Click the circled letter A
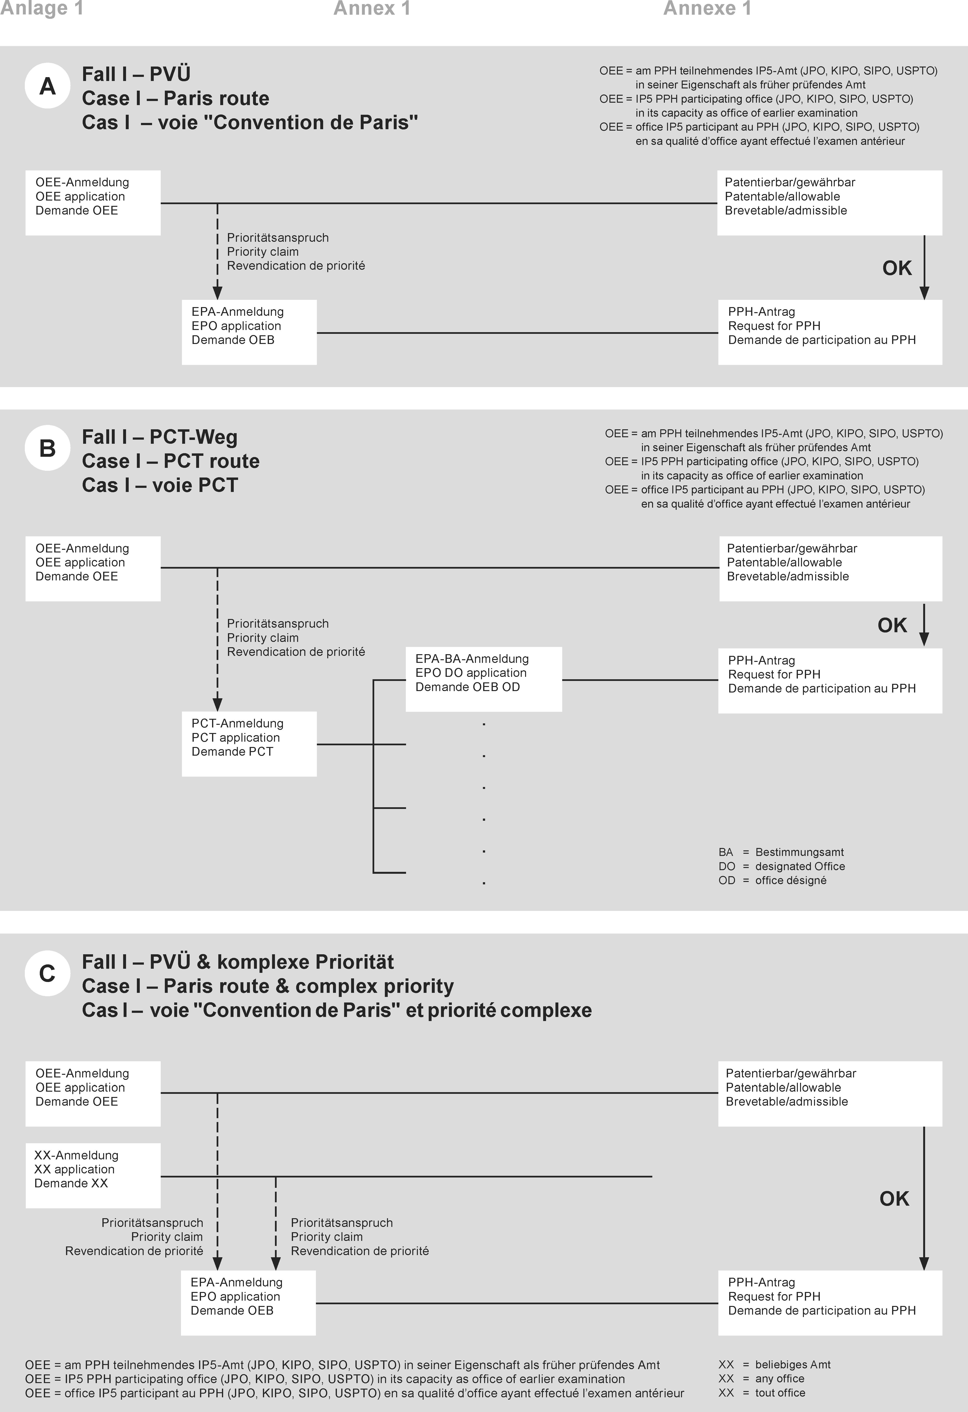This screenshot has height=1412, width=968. pyautogui.click(x=47, y=86)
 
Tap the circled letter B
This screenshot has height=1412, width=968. pyautogui.click(x=47, y=448)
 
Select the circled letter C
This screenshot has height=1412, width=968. pyautogui.click(x=47, y=973)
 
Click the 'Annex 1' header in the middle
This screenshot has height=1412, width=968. pyautogui.click(x=372, y=8)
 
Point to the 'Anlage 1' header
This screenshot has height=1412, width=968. pyautogui.click(x=41, y=8)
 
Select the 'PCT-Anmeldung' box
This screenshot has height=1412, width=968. pyautogui.click(x=249, y=744)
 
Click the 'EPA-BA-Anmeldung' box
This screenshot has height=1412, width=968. pyautogui.click(x=483, y=679)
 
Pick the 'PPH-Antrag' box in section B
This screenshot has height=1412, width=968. pyautogui.click(x=829, y=680)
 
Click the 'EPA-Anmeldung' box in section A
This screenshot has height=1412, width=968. pyautogui.click(x=249, y=332)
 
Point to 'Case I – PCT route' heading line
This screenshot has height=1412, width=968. pyautogui.click(x=171, y=461)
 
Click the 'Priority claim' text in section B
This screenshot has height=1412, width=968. pyautogui.click(x=262, y=638)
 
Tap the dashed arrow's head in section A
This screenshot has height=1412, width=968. pyautogui.click(x=217, y=293)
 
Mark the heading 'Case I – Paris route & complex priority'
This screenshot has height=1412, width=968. pyautogui.click(x=268, y=986)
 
